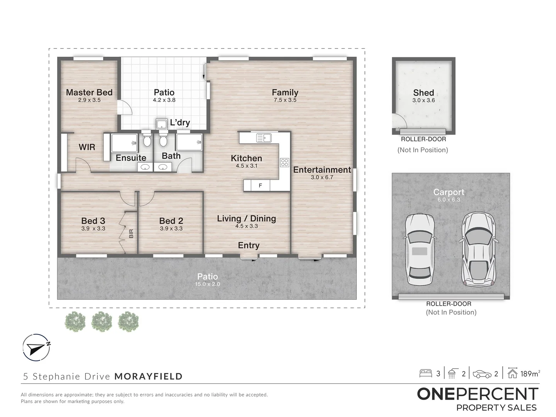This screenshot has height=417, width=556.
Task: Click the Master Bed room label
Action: pyautogui.click(x=89, y=92)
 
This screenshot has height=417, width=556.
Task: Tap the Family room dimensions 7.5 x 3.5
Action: pyautogui.click(x=285, y=100)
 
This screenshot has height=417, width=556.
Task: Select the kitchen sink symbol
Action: pyautogui.click(x=264, y=138)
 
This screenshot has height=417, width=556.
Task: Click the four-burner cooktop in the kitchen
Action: pyautogui.click(x=285, y=162)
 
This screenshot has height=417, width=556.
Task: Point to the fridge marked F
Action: pyautogui.click(x=260, y=186)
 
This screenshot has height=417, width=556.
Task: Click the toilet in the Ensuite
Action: pyautogui.click(x=146, y=139)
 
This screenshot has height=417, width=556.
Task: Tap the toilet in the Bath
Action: pyautogui.click(x=163, y=139)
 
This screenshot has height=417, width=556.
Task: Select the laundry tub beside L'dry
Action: pyautogui.click(x=161, y=124)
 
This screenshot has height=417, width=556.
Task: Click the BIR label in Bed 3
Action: pyautogui.click(x=131, y=234)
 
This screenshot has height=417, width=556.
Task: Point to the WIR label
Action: pyautogui.click(x=87, y=147)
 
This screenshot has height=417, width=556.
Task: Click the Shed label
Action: pyautogui.click(x=424, y=93)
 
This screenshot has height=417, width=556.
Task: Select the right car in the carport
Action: pyautogui.click(x=478, y=250)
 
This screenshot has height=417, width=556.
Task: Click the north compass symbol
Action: pyautogui.click(x=36, y=347)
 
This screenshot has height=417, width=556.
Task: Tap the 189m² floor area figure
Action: pyautogui.click(x=530, y=374)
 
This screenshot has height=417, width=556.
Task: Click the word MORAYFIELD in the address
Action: pyautogui.click(x=148, y=376)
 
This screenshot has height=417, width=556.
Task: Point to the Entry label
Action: pyautogui.click(x=249, y=245)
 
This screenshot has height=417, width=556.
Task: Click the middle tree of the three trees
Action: pyautogui.click(x=102, y=322)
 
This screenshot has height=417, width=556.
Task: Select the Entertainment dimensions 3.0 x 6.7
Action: pyautogui.click(x=322, y=178)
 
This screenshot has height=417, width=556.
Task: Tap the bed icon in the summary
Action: pyautogui.click(x=425, y=374)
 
